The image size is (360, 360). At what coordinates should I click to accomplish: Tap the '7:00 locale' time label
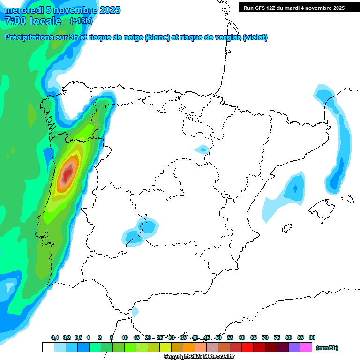tap(33, 21)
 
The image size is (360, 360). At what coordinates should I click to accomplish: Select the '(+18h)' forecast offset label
tap(81, 21)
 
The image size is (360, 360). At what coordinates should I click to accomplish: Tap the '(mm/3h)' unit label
tap(327, 348)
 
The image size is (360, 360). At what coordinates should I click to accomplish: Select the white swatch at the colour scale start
tap(48, 347)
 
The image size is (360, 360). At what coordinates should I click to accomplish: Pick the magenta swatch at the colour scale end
tap(306, 347)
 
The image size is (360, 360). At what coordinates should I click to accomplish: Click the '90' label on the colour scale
tap(312, 337)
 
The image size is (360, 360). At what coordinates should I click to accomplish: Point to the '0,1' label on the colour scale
tap(55, 337)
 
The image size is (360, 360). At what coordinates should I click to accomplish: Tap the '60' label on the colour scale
tap(242, 337)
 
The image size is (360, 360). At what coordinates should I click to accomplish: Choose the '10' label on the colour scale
tap(125, 337)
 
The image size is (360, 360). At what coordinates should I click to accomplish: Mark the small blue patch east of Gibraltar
tap(135, 311)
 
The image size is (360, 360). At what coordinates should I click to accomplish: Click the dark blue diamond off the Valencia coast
tap(295, 188)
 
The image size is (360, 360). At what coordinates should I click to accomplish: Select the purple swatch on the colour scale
tap(294, 347)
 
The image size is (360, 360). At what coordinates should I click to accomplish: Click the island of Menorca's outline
tap(347, 199)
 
